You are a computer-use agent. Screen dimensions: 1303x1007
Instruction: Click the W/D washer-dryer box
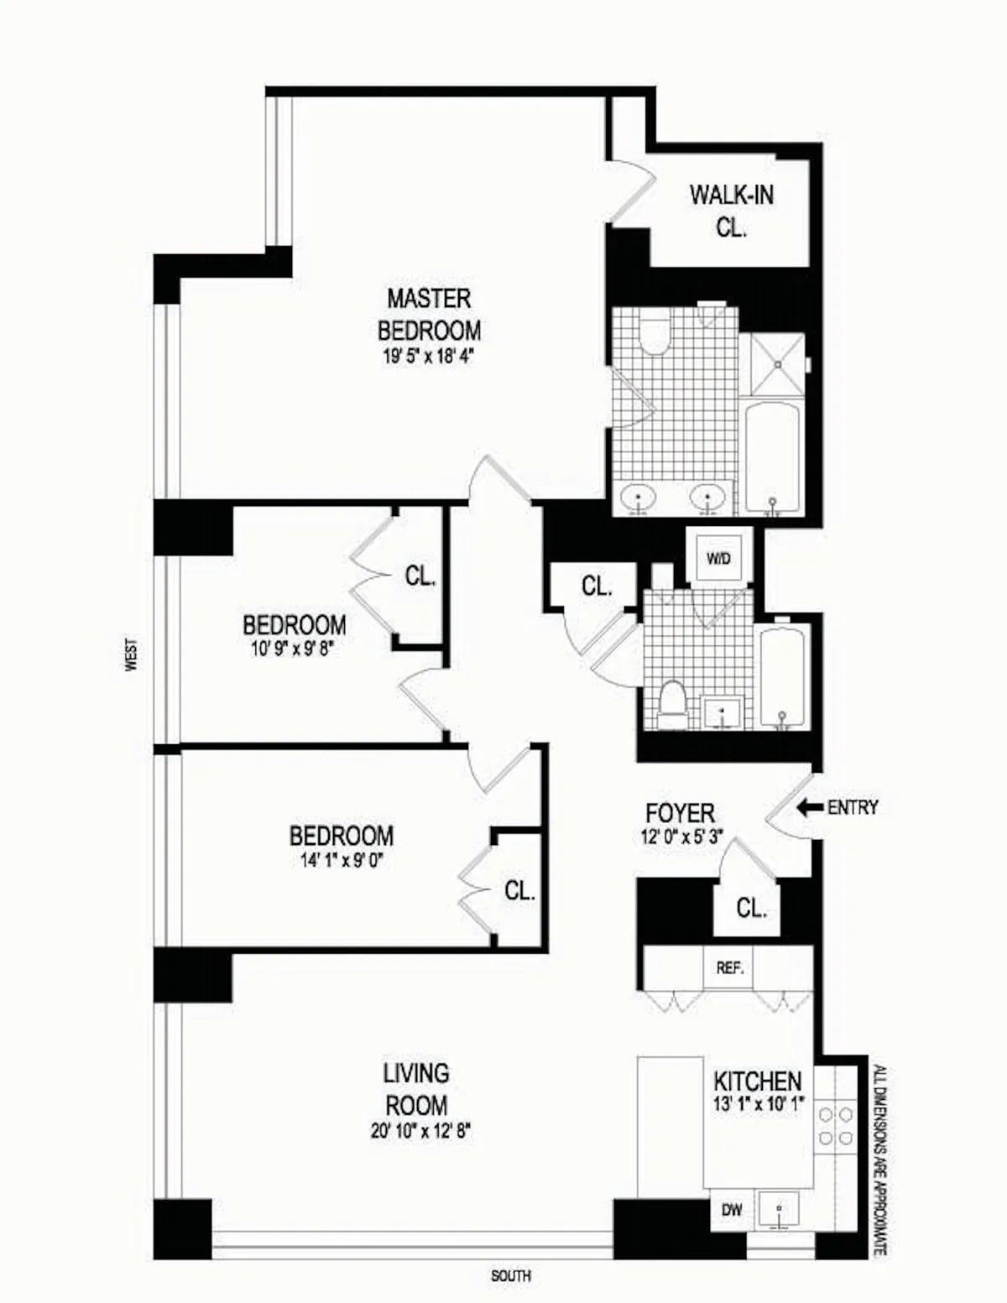tap(718, 557)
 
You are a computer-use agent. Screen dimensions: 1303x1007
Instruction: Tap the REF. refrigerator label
tap(730, 967)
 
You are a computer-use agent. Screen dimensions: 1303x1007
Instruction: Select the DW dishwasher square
tap(732, 1210)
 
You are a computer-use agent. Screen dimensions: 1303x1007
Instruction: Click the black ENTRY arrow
tap(809, 807)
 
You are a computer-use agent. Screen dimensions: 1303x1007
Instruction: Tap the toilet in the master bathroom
tap(653, 333)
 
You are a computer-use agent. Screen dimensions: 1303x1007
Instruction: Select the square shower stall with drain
tap(777, 364)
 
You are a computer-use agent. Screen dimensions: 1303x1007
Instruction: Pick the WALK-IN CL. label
tap(732, 210)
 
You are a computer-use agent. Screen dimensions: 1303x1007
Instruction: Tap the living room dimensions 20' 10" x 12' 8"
tap(420, 1131)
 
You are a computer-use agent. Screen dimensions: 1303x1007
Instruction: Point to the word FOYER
tap(680, 813)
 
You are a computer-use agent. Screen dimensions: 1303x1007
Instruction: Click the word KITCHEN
tap(757, 1081)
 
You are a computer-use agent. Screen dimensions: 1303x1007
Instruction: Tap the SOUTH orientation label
tap(510, 1276)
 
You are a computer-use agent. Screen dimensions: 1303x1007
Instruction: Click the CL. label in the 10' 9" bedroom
tap(420, 576)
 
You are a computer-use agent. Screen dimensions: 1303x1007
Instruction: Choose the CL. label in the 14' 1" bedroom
tap(519, 891)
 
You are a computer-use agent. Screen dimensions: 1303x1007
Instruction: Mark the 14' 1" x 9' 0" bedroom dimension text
tap(341, 859)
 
